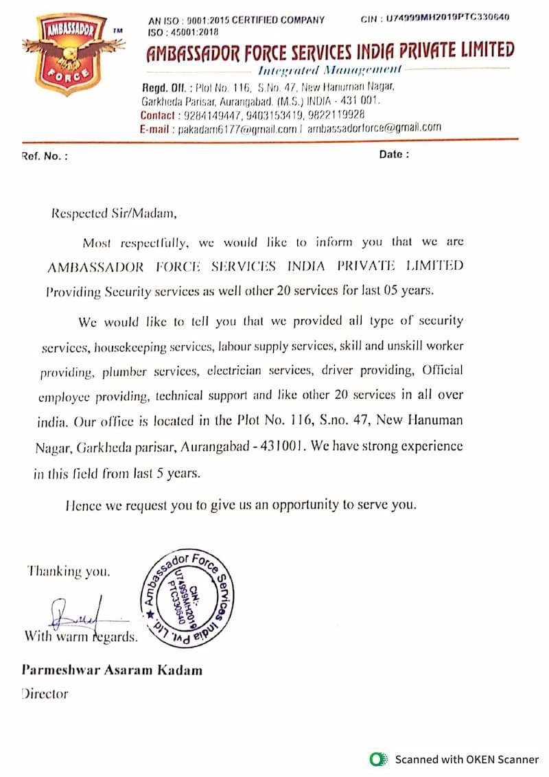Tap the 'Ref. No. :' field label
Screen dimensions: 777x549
click(x=45, y=156)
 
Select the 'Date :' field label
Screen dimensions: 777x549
click(x=394, y=154)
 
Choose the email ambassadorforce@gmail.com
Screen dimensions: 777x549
click(x=374, y=128)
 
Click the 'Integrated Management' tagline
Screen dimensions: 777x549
click(x=330, y=70)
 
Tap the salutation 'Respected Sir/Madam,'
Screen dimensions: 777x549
click(x=114, y=213)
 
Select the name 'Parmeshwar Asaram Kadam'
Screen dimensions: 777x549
click(x=112, y=670)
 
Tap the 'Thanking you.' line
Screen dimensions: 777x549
click(x=68, y=571)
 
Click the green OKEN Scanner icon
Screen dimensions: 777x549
click(x=377, y=759)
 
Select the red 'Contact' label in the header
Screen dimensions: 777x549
click(x=157, y=115)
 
